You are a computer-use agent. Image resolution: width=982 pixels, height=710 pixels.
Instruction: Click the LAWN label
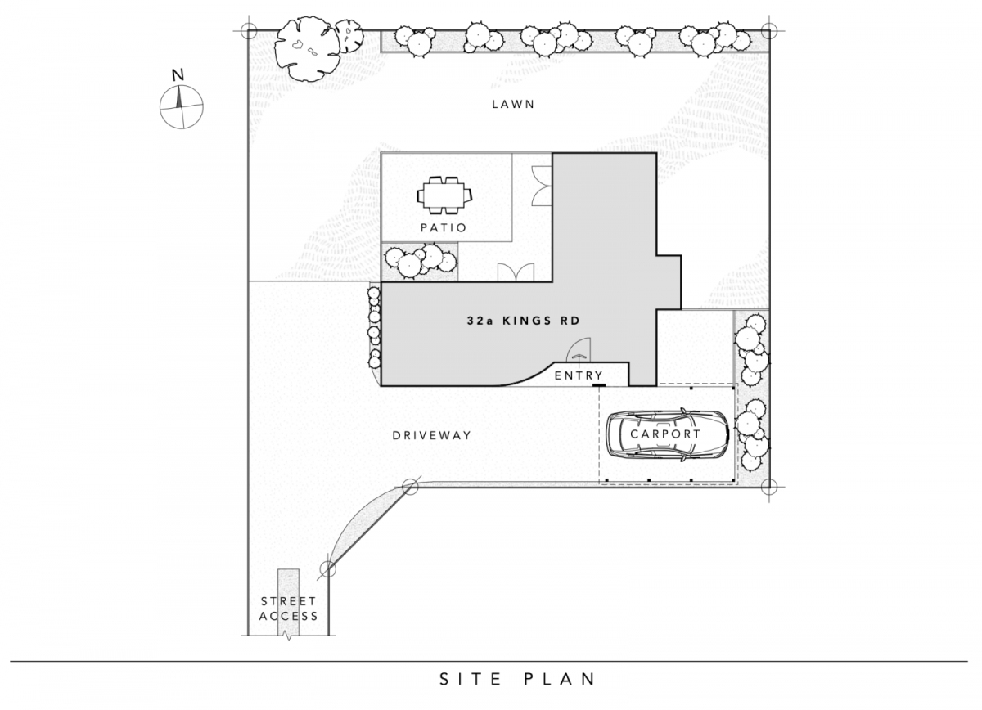[513, 105]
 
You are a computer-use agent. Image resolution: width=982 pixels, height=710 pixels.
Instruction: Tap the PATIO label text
[444, 227]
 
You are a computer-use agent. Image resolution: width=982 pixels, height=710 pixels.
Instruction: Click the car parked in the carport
[667, 434]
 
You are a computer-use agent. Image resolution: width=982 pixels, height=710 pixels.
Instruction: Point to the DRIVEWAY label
[432, 435]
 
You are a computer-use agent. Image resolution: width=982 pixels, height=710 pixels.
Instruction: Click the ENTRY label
[579, 375]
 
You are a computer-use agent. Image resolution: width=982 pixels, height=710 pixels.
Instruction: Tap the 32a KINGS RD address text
[524, 321]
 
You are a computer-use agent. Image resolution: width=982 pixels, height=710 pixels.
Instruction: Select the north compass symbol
[181, 106]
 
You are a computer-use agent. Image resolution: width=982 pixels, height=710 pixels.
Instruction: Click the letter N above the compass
[178, 75]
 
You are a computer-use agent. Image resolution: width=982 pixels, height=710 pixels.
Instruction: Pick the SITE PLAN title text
[517, 679]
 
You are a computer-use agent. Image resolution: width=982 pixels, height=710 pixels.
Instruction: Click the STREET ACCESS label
[288, 609]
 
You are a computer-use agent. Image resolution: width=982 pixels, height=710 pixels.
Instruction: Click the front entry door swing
[579, 349]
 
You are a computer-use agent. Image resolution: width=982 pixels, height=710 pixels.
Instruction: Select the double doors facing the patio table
[542, 186]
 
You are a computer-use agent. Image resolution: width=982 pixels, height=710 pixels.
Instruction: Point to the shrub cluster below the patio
[420, 261]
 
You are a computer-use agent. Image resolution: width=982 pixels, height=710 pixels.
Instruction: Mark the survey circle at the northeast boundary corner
[769, 31]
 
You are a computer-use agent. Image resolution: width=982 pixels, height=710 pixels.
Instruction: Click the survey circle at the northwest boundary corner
[249, 31]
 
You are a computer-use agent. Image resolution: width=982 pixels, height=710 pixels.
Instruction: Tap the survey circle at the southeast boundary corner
[769, 487]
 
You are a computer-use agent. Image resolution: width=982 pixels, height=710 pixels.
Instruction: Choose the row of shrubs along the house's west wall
[375, 327]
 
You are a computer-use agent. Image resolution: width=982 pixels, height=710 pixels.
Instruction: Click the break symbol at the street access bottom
[288, 636]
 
